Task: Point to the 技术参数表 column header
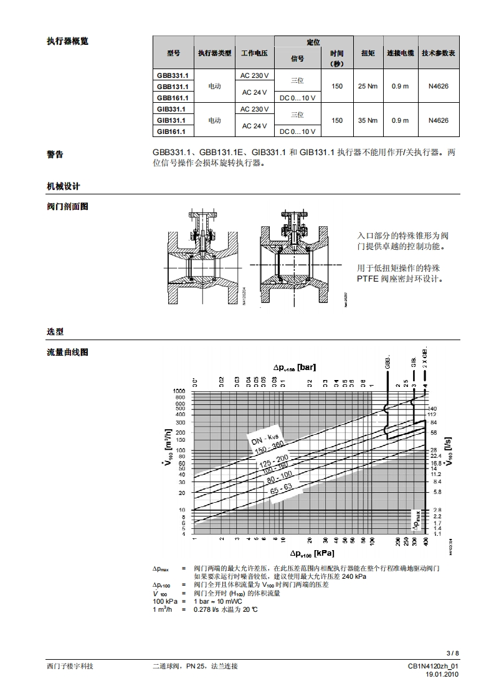click(438, 54)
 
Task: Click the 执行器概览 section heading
click(67, 41)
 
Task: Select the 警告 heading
click(55, 155)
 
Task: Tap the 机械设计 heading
click(63, 186)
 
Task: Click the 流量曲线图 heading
click(67, 352)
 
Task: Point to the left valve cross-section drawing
click(203, 256)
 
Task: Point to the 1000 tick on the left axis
click(179, 391)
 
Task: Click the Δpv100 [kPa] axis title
click(311, 553)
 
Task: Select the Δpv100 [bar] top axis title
click(294, 368)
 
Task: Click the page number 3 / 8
click(453, 653)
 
